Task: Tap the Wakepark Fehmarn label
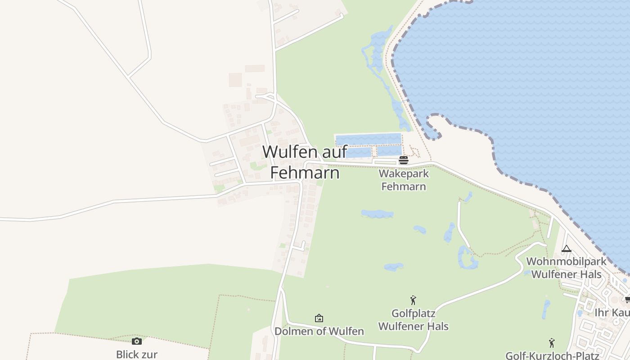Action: click(x=404, y=180)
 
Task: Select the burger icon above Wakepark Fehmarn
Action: click(x=403, y=160)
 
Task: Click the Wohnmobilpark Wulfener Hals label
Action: click(x=566, y=268)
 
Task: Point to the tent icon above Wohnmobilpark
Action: click(x=566, y=248)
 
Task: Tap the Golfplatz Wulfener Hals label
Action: click(x=413, y=319)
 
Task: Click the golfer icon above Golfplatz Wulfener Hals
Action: click(x=413, y=300)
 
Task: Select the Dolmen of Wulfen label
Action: click(x=319, y=332)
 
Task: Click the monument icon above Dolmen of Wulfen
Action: click(x=319, y=319)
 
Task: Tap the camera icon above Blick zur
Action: click(x=137, y=341)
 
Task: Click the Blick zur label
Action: click(x=137, y=354)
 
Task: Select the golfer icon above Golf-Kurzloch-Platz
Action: click(x=552, y=343)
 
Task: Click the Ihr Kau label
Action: click(x=612, y=312)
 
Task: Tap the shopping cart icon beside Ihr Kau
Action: click(x=627, y=300)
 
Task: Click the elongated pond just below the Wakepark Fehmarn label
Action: click(x=377, y=214)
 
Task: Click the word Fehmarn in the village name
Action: click(x=305, y=172)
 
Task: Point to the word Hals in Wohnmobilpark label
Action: click(x=589, y=274)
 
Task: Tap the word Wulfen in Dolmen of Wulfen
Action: click(x=346, y=332)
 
